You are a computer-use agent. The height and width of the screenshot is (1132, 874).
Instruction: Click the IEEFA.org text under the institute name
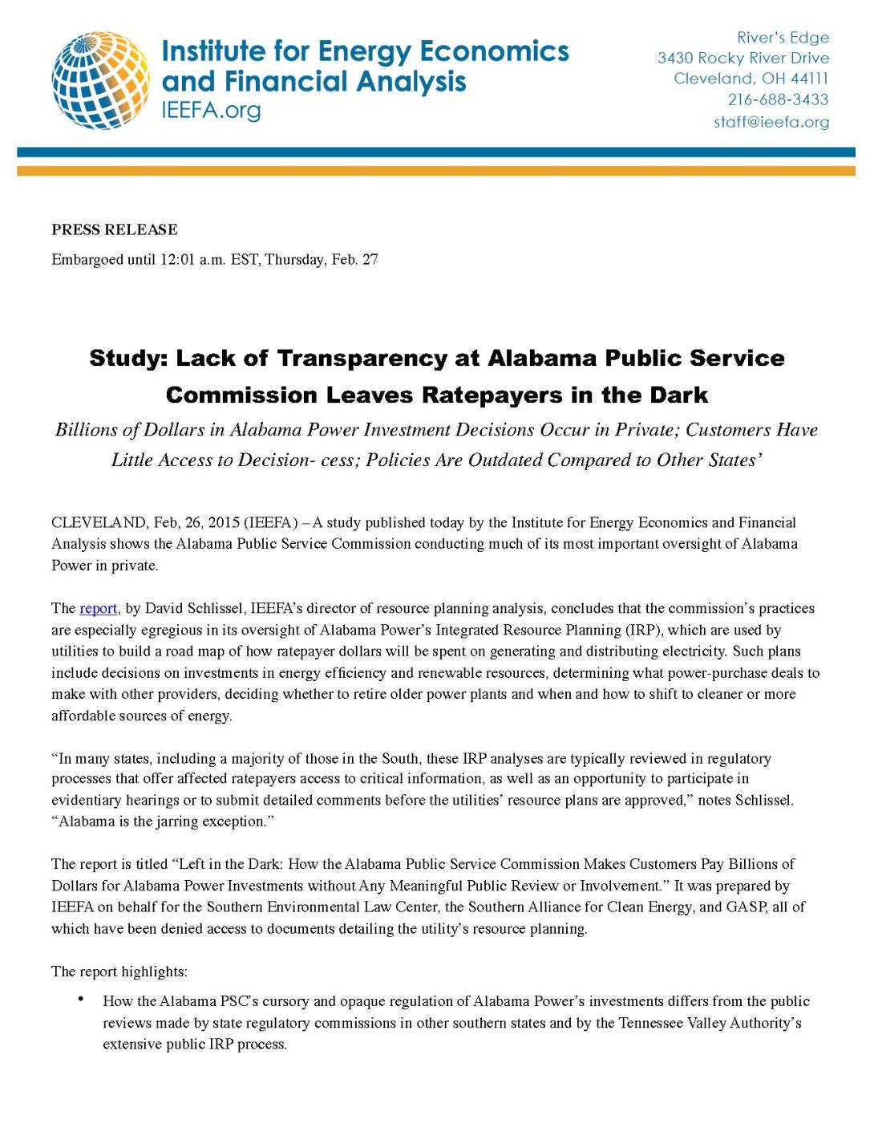point(211,110)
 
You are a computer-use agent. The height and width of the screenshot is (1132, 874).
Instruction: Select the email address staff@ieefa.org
point(771,122)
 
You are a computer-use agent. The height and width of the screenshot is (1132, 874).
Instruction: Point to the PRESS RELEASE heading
point(115,229)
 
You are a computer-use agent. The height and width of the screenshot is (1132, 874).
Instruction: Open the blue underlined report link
point(99,608)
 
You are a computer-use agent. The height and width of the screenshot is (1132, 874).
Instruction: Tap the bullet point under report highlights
point(81,999)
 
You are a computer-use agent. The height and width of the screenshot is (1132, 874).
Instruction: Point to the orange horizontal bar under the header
point(436,170)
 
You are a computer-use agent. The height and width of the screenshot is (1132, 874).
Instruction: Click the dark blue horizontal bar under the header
point(436,152)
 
